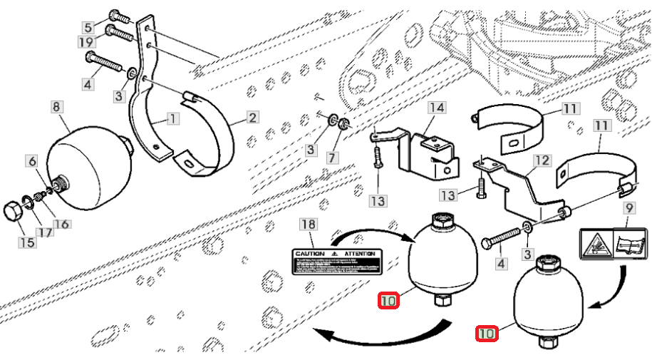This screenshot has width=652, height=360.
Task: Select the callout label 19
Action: coord(88,43)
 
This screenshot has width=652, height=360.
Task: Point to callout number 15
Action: coord(26,243)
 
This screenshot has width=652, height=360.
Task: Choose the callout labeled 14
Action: coord(436,108)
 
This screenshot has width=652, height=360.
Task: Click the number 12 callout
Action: coord(542,161)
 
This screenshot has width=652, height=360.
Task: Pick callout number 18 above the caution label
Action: coord(307,225)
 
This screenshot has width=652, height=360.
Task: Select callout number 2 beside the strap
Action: coord(252,116)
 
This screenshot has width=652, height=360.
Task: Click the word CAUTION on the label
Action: coord(311,254)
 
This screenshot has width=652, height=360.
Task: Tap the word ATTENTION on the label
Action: coord(361,254)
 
